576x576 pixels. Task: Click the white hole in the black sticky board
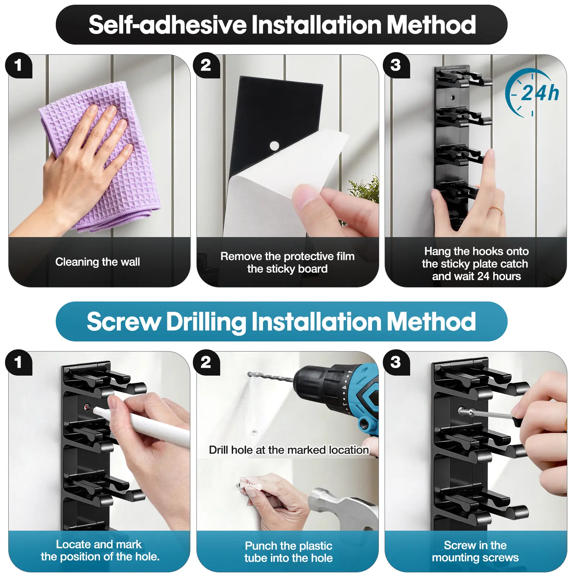[274, 146]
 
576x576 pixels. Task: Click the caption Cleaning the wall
[97, 262]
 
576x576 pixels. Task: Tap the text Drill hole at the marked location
[289, 450]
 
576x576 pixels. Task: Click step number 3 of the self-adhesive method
[396, 65]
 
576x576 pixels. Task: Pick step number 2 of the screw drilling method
[206, 362]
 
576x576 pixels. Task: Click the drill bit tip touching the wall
[249, 375]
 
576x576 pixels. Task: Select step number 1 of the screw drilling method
[18, 362]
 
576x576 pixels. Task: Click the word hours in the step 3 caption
[507, 276]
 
